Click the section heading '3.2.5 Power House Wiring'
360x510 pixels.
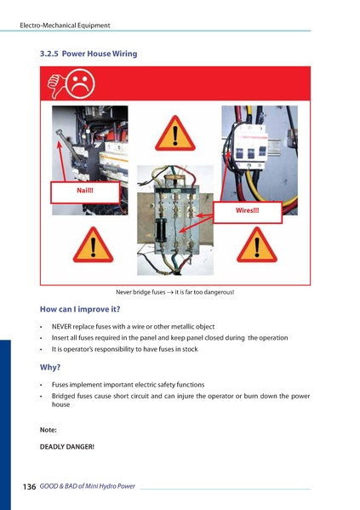(89, 54)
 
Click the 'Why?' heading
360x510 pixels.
(50, 368)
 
